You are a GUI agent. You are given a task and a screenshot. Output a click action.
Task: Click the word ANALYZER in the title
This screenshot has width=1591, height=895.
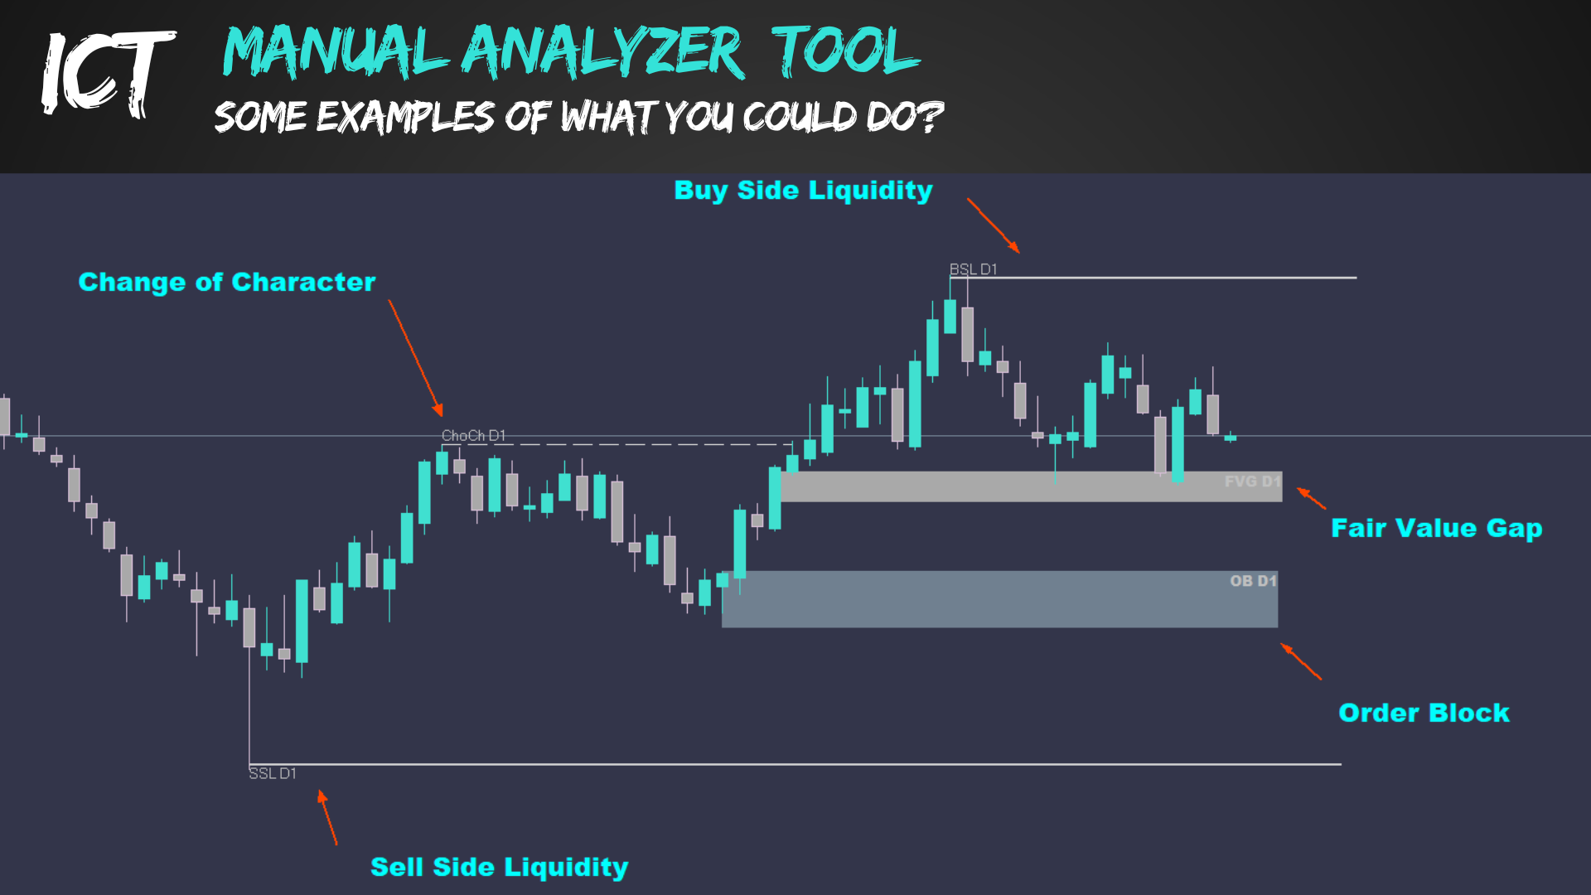[602, 51]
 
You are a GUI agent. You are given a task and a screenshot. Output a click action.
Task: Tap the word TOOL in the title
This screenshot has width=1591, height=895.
[845, 51]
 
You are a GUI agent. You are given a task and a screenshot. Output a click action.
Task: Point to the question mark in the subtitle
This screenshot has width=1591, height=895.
[931, 116]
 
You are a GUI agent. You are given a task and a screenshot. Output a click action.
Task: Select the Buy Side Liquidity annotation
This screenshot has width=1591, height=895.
[803, 191]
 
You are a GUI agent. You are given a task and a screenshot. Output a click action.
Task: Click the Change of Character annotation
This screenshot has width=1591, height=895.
[226, 282]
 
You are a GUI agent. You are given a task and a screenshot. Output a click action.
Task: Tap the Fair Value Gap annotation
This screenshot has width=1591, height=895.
[1436, 528]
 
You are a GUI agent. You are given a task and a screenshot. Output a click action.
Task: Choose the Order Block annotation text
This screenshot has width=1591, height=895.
[1424, 713]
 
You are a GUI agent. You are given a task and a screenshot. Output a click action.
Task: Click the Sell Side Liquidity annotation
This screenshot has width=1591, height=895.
[499, 867]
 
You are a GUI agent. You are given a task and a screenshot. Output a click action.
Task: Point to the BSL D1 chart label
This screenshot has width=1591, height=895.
[973, 269]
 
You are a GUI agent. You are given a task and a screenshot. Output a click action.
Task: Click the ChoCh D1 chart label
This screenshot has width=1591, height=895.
[473, 435]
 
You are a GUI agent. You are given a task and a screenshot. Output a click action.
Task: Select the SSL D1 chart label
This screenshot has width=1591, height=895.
[273, 773]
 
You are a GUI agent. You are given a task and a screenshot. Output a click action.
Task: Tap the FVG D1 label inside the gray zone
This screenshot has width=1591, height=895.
[1252, 481]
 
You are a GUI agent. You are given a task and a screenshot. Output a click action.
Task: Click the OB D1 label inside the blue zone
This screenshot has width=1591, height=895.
[1253, 581]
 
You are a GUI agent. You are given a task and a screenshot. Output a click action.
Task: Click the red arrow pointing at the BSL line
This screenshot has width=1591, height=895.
[993, 225]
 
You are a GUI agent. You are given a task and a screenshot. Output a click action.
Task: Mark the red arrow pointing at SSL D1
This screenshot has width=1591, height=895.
[327, 818]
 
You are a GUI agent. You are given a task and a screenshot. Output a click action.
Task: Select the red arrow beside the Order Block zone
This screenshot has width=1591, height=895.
[1301, 661]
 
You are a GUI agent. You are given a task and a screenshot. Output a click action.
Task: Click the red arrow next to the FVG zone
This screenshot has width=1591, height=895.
[1311, 498]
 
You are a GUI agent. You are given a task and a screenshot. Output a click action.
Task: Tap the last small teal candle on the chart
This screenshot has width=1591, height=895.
[1231, 438]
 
